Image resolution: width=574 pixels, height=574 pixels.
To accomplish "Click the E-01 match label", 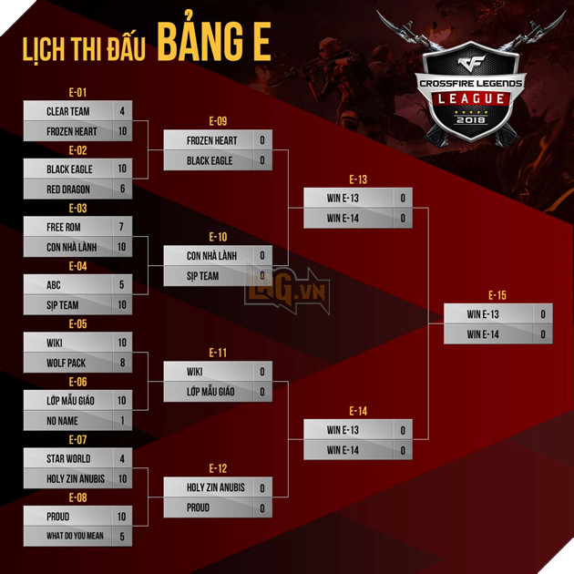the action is [x=77, y=93].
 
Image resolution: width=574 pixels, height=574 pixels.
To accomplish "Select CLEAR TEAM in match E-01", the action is [x=68, y=111].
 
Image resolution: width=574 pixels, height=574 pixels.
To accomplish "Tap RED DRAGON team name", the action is [x=68, y=190].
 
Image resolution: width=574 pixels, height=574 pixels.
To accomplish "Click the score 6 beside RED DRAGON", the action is [x=123, y=189].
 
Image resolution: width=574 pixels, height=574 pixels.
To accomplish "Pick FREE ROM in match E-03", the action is [x=64, y=228].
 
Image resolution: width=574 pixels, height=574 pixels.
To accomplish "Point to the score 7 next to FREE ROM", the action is [x=121, y=227].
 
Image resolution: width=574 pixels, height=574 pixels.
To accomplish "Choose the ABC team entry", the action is [x=54, y=285].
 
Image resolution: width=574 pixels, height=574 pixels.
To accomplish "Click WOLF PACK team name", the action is [x=66, y=364].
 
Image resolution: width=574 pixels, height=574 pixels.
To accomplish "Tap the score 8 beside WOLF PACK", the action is [x=123, y=363].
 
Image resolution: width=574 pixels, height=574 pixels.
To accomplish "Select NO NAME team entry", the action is [x=62, y=421].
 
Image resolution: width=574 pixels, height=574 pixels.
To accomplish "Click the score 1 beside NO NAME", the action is [x=123, y=420].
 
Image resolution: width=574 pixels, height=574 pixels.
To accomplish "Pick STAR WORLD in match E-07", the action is [x=68, y=458].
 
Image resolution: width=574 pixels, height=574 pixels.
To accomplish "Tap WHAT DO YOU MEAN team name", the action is [x=75, y=536].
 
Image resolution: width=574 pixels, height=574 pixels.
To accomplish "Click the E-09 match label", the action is [x=218, y=121].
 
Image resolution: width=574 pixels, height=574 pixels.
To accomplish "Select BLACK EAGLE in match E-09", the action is [x=210, y=160].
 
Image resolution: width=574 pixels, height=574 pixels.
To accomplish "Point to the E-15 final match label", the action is [x=497, y=295].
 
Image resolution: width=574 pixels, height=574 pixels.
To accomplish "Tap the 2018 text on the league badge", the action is [x=471, y=119].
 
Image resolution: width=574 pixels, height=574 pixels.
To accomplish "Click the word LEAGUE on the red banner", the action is [x=471, y=98].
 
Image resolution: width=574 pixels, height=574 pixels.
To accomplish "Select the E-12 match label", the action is [x=218, y=468].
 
